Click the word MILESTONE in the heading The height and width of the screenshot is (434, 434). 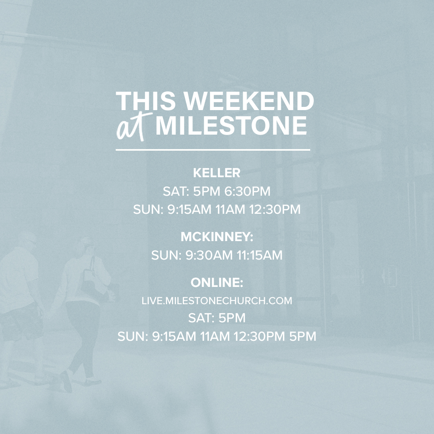point(231,126)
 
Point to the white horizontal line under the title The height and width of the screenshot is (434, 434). point(213,150)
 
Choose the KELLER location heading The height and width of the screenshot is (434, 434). point(217,173)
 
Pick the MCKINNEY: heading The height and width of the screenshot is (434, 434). point(217,237)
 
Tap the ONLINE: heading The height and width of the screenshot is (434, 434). point(217,283)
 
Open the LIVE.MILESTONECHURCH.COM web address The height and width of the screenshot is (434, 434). point(217,301)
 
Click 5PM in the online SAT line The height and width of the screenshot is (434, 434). point(232,318)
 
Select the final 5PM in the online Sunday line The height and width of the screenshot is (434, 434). point(303,336)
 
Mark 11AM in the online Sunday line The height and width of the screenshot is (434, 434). point(217,336)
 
